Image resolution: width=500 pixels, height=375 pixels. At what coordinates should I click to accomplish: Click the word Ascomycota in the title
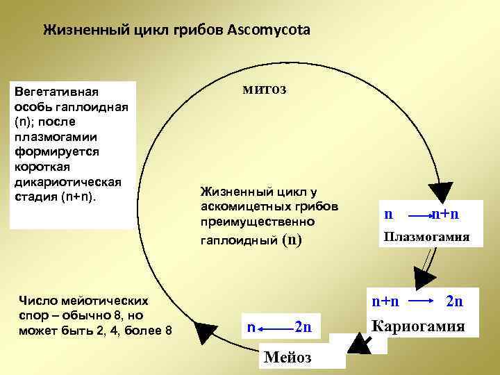coord(272,31)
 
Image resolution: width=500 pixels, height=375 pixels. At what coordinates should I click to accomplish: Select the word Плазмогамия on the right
coord(426,237)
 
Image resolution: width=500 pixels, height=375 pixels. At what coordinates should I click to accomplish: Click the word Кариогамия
coord(418,325)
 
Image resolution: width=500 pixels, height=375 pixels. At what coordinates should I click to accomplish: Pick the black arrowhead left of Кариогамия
coord(360,342)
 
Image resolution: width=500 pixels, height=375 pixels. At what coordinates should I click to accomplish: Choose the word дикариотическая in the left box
coord(67,182)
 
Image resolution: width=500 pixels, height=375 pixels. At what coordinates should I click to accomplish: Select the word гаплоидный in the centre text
coord(238,240)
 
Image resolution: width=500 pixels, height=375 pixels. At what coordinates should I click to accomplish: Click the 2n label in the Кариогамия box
coord(454,301)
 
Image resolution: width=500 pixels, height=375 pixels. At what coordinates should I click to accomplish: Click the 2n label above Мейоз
coord(303,326)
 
